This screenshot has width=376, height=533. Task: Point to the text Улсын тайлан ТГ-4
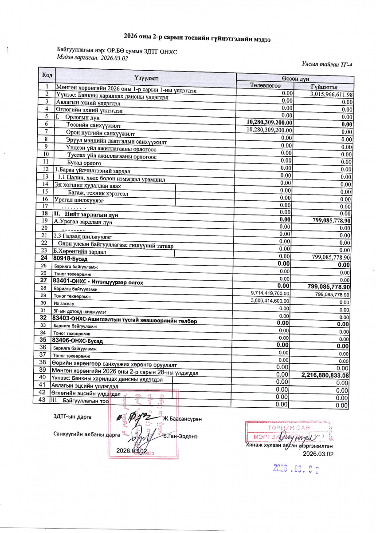pyautogui.click(x=327, y=65)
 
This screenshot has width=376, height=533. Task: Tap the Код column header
pyautogui.click(x=47, y=75)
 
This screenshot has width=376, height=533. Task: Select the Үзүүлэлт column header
pyautogui.click(x=146, y=78)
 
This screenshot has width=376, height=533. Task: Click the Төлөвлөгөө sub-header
pyautogui.click(x=265, y=85)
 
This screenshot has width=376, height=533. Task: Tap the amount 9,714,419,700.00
pyautogui.click(x=270, y=294)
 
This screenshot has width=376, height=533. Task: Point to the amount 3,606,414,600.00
pyautogui.click(x=270, y=301)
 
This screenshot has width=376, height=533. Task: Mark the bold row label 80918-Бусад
pyautogui.click(x=70, y=258)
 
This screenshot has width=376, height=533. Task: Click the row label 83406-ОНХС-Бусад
pyautogui.click(x=78, y=341)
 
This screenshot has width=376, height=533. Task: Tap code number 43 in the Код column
pyautogui.click(x=43, y=400)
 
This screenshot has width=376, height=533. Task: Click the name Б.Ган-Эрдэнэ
pyautogui.click(x=180, y=436)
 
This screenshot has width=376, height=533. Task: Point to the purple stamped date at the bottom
pyautogui.click(x=296, y=468)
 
